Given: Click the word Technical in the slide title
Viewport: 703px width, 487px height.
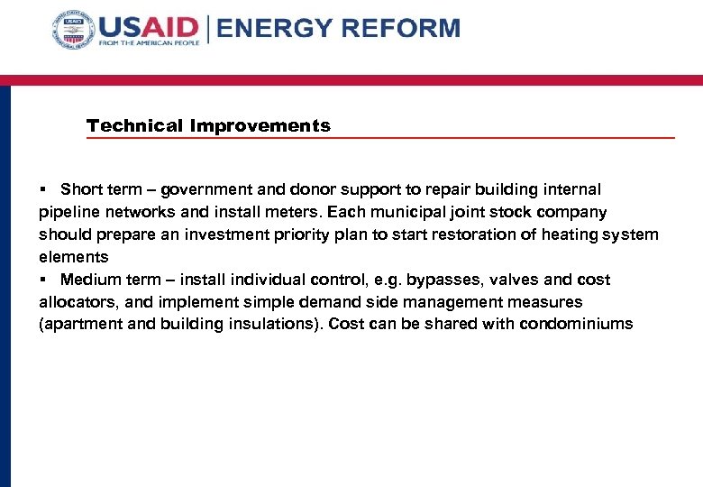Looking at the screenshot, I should pyautogui.click(x=135, y=126).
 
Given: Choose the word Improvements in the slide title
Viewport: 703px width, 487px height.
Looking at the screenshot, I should pyautogui.click(x=260, y=126).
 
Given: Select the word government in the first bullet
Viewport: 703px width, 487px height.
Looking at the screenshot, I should pyautogui.click(x=203, y=189).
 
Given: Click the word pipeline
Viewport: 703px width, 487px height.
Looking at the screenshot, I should pyautogui.click(x=67, y=213).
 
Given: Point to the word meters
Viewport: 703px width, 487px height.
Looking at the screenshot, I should pyautogui.click(x=298, y=213).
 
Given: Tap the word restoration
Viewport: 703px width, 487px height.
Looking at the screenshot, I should pyautogui.click(x=427, y=235).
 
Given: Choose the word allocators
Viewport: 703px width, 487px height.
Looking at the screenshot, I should pyautogui.click(x=72, y=302).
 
